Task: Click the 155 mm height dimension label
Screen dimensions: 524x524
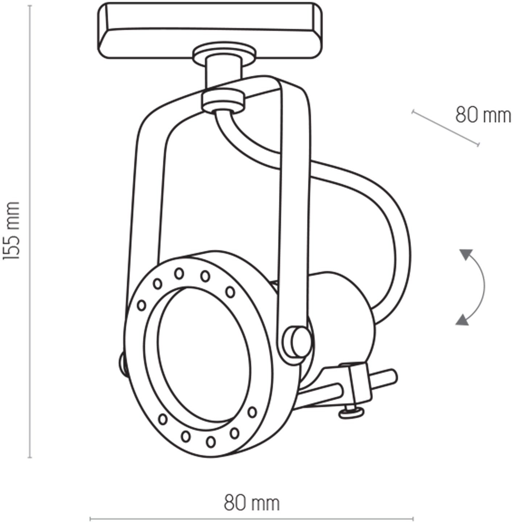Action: coord(11,231)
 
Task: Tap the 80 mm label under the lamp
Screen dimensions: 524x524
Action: coord(252,503)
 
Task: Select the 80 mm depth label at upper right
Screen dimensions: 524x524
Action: coord(483,115)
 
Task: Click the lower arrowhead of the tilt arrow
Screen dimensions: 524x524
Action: coord(462,319)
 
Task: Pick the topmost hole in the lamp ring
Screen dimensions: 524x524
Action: coord(179,273)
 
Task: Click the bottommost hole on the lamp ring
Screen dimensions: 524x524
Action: coord(210,442)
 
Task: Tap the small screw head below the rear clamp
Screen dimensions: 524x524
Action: coord(351,412)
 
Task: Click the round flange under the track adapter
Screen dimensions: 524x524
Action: coord(224,54)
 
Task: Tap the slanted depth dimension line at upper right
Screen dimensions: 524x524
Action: coord(445,128)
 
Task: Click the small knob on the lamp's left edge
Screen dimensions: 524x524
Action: coord(123,364)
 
